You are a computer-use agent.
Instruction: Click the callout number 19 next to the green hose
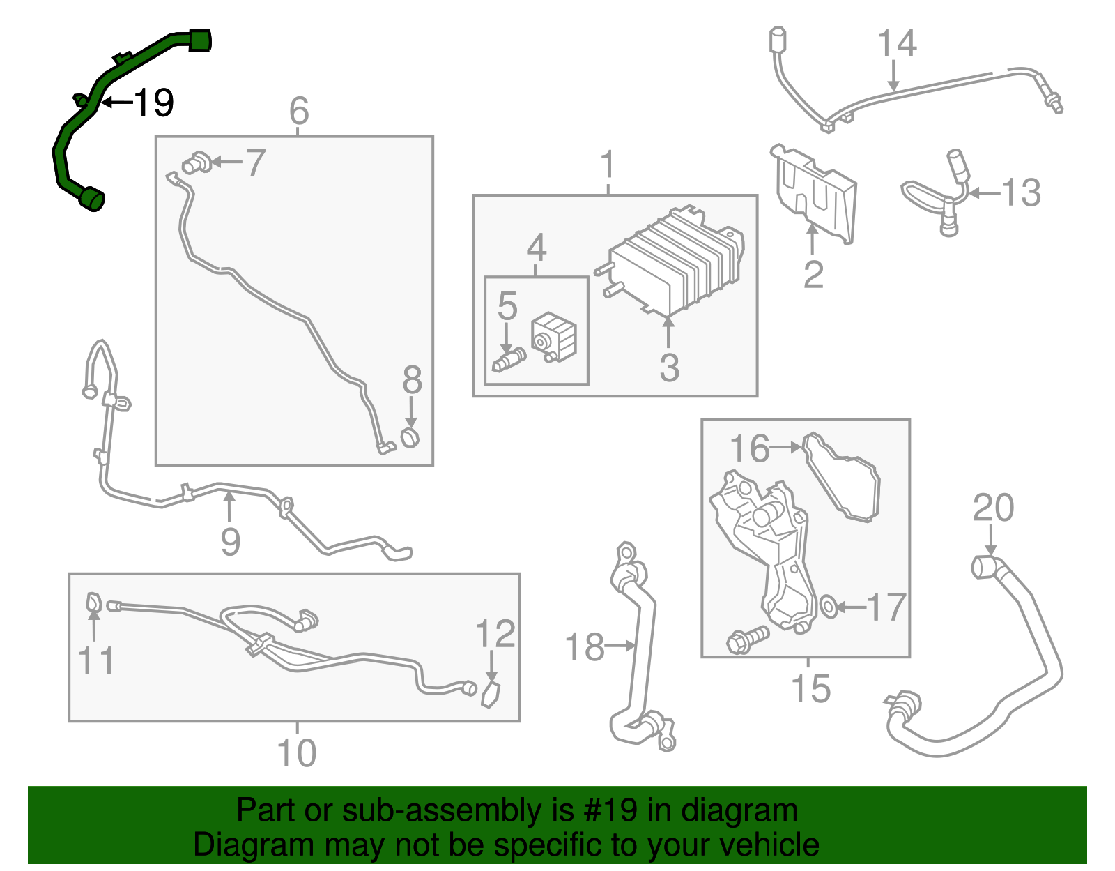(x=153, y=103)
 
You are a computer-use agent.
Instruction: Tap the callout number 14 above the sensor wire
(x=896, y=43)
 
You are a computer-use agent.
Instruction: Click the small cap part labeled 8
(x=410, y=438)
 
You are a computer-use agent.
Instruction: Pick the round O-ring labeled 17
(x=829, y=607)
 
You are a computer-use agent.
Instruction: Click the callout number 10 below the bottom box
(x=296, y=753)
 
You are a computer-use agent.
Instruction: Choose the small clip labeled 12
(x=491, y=695)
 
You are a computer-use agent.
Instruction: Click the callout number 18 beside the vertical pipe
(x=584, y=647)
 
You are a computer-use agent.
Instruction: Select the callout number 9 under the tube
(x=230, y=542)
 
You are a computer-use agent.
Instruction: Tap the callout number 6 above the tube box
(x=298, y=110)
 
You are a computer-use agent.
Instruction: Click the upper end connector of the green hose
(x=200, y=40)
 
